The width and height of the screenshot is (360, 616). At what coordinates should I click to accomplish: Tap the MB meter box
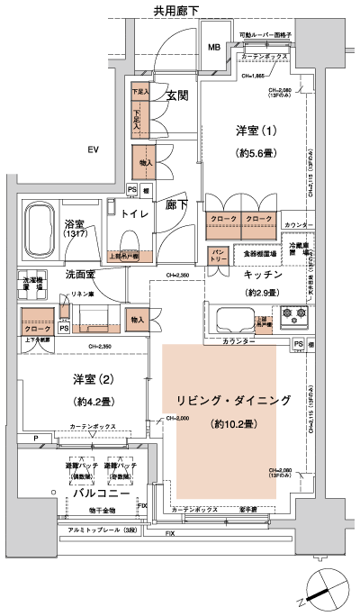215,48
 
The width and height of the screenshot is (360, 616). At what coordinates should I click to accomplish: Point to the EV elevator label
92,149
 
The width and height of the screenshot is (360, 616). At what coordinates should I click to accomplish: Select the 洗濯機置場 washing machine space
31,281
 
